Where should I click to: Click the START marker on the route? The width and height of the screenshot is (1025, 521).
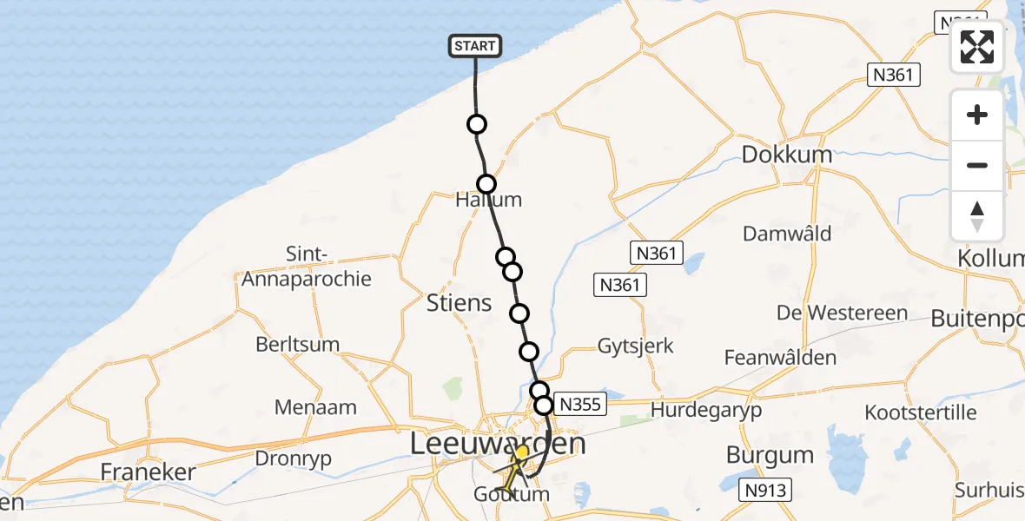click(475, 46)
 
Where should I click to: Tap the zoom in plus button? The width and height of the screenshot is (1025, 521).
click(977, 115)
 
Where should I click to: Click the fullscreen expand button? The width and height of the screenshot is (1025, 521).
click(977, 46)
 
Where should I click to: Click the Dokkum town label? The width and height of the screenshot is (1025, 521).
click(786, 155)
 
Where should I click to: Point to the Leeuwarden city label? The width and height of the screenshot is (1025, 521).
click(498, 445)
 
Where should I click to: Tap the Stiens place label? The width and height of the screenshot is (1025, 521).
click(460, 303)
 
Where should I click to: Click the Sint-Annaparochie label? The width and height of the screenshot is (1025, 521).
click(306, 267)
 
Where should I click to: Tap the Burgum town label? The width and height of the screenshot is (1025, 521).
click(770, 455)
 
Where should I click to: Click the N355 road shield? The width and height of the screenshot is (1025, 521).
click(579, 405)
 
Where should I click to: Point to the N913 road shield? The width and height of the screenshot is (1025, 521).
click(765, 491)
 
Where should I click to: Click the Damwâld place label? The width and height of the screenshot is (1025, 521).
click(787, 234)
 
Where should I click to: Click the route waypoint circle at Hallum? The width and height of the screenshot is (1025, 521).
click(486, 184)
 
